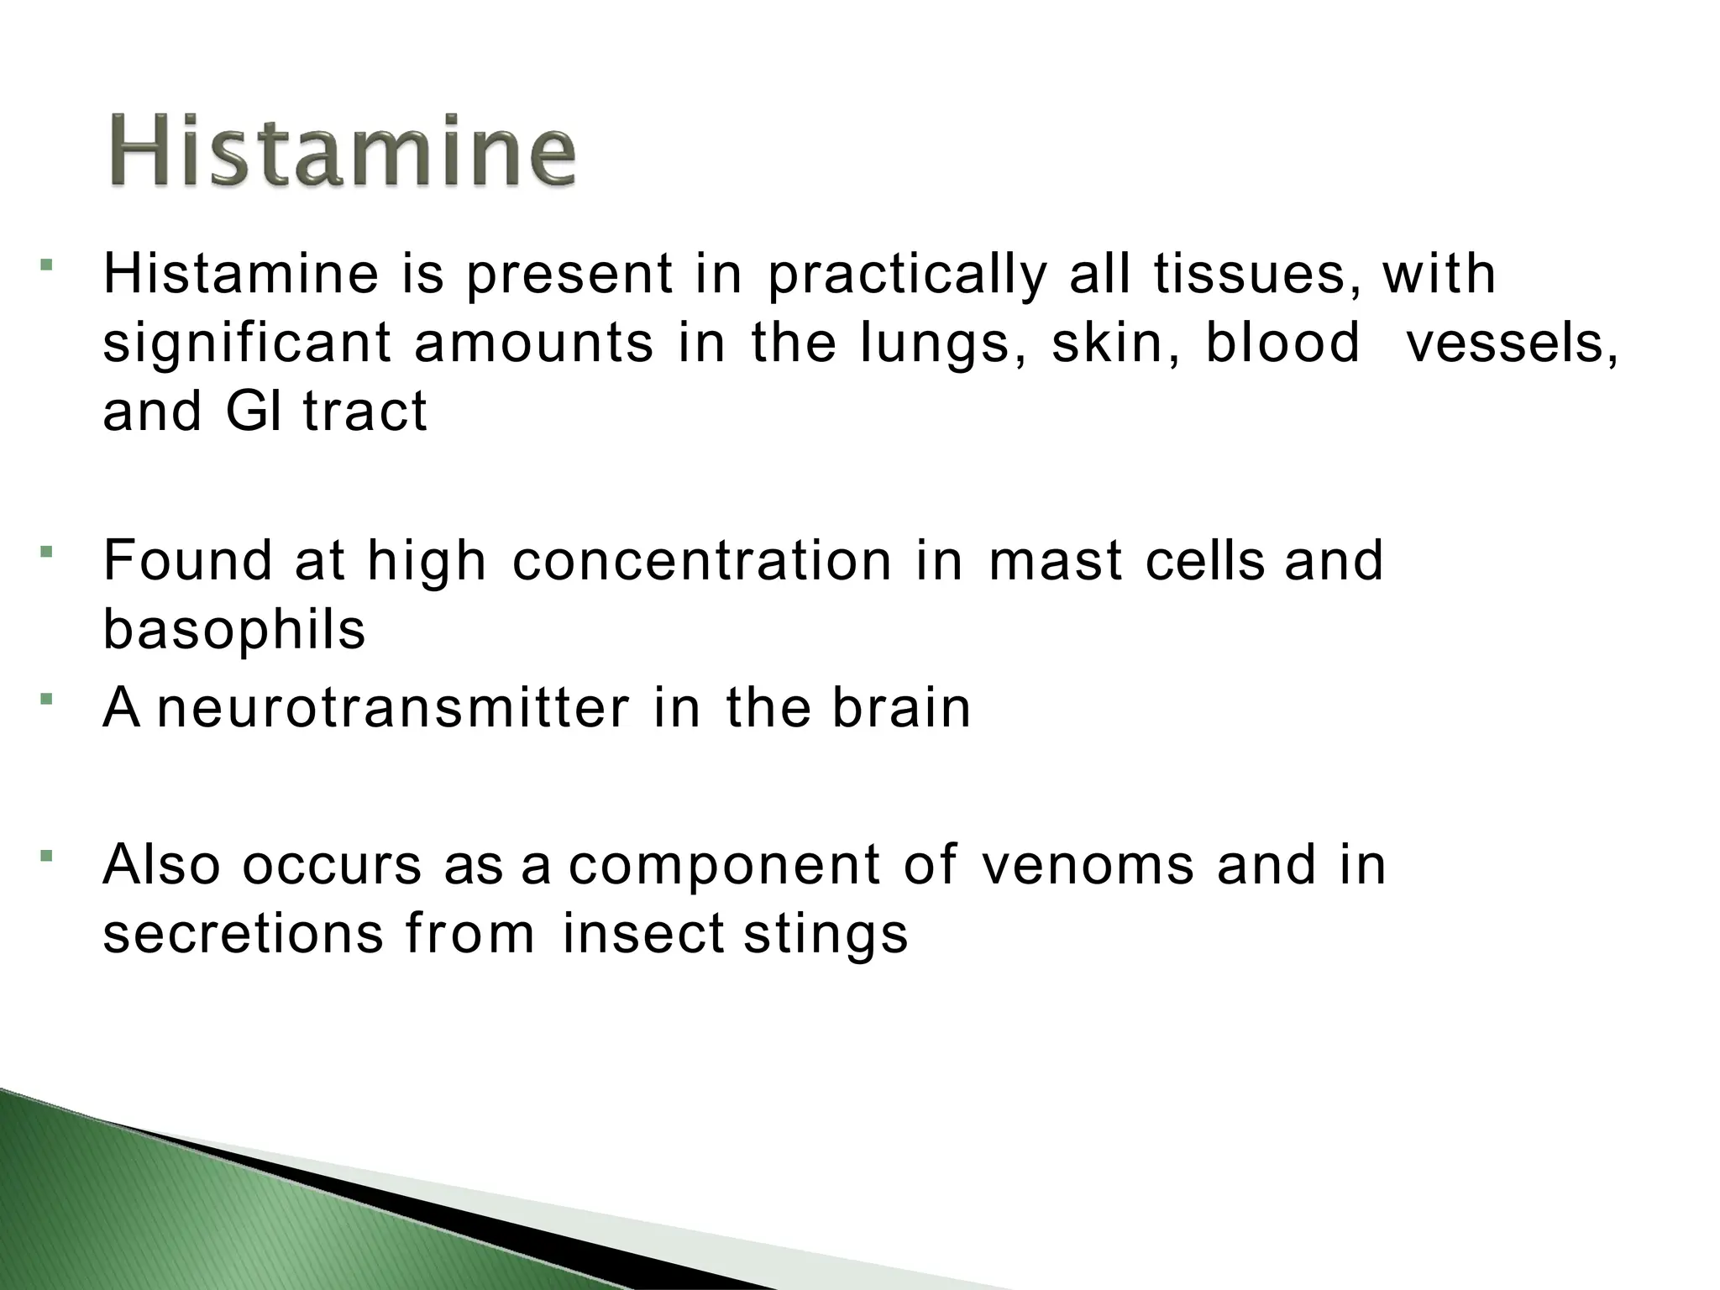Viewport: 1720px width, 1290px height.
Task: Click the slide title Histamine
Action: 342,151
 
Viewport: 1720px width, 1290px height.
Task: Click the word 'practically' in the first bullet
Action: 907,275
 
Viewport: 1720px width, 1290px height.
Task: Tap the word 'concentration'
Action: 702,561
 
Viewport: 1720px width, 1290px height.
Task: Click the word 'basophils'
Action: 234,630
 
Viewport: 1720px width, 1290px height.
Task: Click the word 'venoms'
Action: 1087,865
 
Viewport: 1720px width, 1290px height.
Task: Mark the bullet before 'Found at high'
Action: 47,552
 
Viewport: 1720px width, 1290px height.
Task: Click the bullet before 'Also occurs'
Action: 47,857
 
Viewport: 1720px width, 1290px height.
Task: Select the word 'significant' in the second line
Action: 247,344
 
